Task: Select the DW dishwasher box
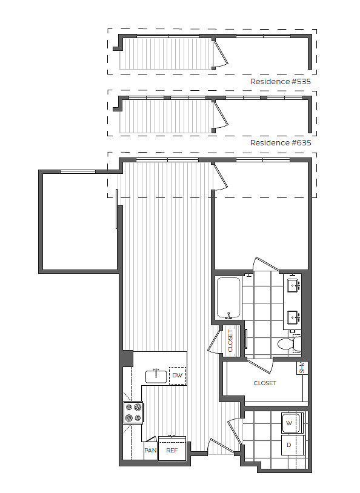coord(178,376)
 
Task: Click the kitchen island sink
coord(156,376)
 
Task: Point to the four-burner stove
coord(134,413)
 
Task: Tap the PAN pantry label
coord(150,451)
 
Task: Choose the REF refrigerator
coord(172,451)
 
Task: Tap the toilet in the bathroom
coord(287,345)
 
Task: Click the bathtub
coord(228,297)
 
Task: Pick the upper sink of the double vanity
coord(294,283)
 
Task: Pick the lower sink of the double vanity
coord(294,316)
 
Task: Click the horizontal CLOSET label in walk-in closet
coord(265,383)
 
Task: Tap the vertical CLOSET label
coord(230,340)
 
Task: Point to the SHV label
coord(301,368)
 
